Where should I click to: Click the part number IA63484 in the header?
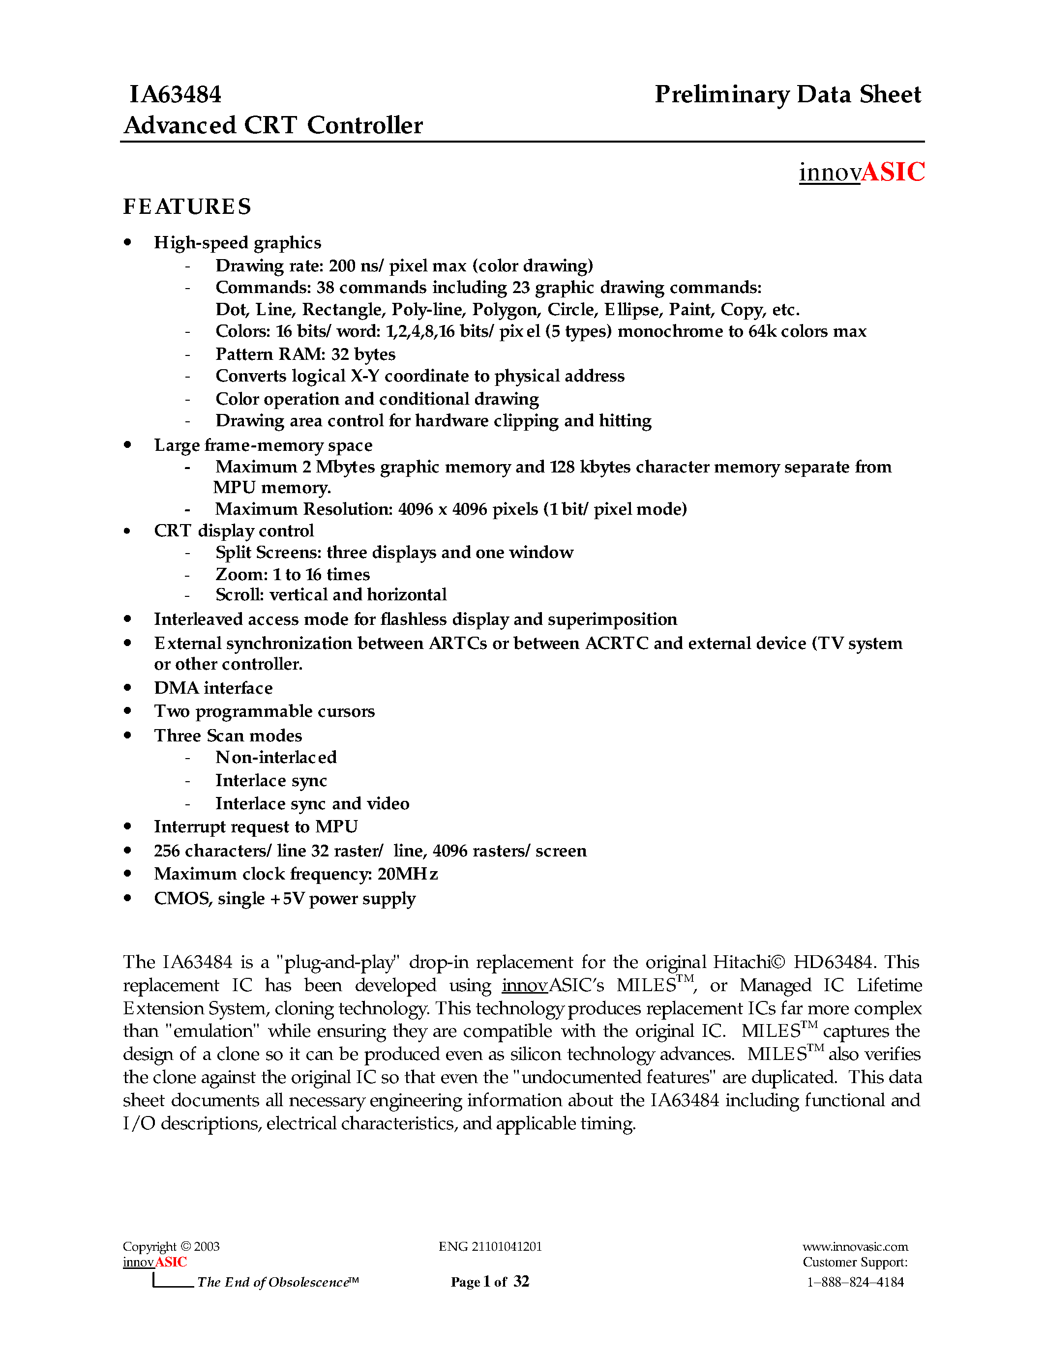point(175,95)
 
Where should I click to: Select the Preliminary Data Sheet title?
point(787,95)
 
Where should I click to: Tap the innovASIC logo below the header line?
point(861,172)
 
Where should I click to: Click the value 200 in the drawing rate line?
point(342,265)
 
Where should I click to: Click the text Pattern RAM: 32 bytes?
point(305,354)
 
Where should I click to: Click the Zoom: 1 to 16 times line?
point(292,574)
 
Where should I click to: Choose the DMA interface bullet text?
point(213,688)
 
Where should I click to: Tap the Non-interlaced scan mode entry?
point(275,757)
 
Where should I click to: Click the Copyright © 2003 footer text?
point(171,1246)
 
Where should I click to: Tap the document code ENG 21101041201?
point(490,1246)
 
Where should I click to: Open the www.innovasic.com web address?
point(855,1246)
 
